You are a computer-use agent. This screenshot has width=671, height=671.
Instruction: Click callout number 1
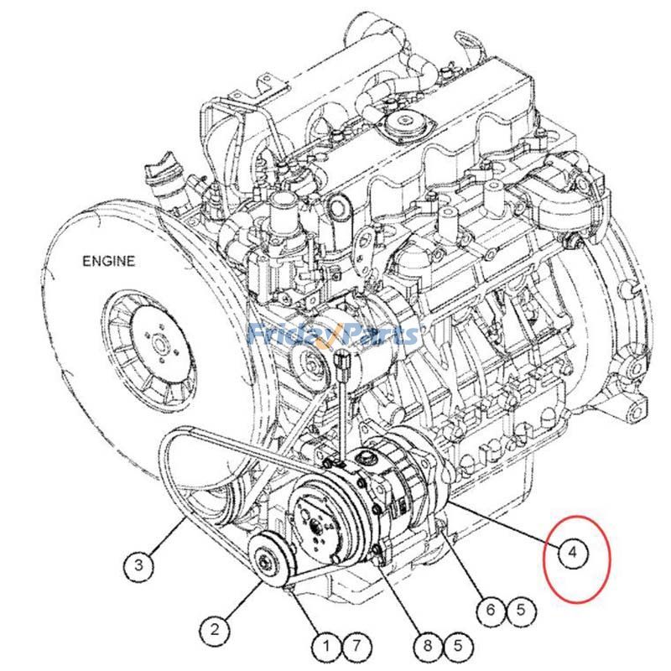click(x=325, y=646)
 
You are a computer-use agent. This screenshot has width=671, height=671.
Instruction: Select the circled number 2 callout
click(x=215, y=628)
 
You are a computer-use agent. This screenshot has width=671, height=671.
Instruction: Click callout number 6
click(x=491, y=610)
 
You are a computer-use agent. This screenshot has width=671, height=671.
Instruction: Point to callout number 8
click(x=427, y=646)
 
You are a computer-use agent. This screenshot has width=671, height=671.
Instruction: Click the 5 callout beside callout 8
click(x=458, y=646)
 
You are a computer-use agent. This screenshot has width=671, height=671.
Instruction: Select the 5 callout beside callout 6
click(x=521, y=610)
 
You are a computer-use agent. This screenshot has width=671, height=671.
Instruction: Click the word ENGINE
click(x=107, y=261)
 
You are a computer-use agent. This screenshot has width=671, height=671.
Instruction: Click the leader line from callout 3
click(x=172, y=535)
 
